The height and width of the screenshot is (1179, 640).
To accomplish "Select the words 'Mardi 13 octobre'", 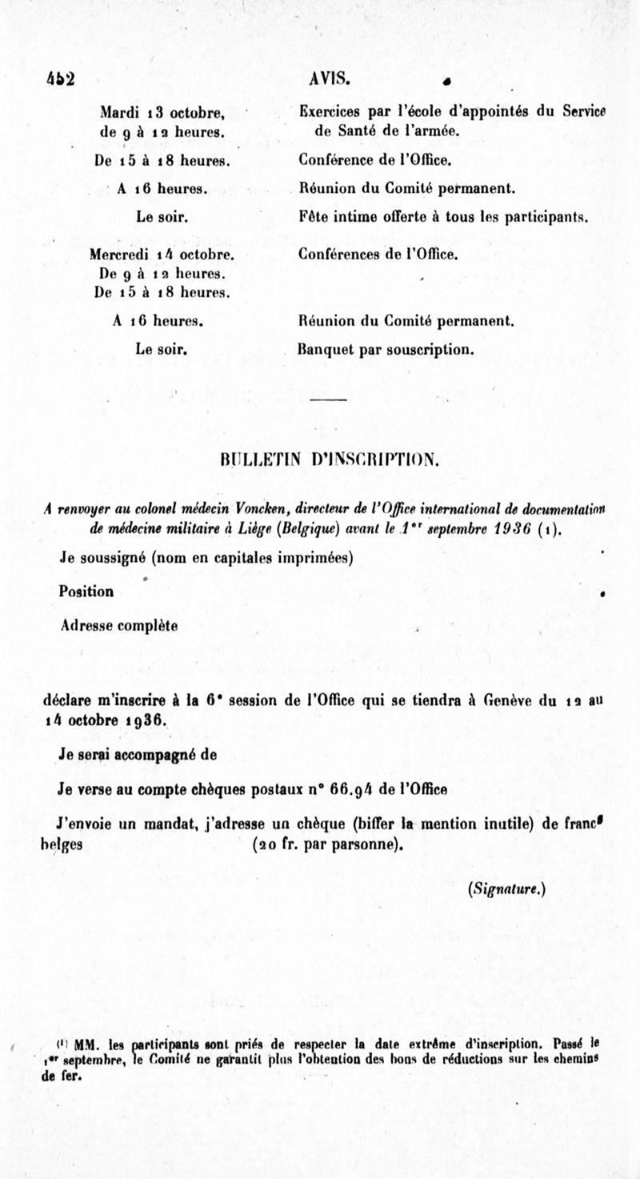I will tap(162, 111).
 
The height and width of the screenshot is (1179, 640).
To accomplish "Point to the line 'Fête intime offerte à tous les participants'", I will tap(443, 216).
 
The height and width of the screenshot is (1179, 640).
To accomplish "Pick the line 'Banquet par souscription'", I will tap(386, 350).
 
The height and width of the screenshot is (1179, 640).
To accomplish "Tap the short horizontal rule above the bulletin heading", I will tap(327, 399).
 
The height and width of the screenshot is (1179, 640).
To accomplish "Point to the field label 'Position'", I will tap(86, 592).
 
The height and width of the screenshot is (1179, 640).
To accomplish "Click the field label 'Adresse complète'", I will tap(118, 624).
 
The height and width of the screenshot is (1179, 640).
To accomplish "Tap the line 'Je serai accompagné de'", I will tap(137, 754).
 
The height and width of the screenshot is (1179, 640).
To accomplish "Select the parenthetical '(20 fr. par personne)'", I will tap(326, 844).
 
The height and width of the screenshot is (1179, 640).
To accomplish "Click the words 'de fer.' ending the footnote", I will tap(61, 1075).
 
